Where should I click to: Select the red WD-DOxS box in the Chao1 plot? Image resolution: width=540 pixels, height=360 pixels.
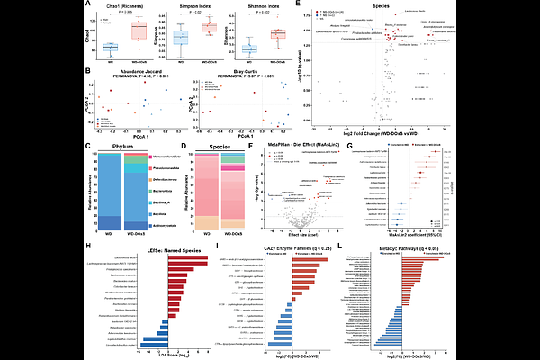139,31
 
